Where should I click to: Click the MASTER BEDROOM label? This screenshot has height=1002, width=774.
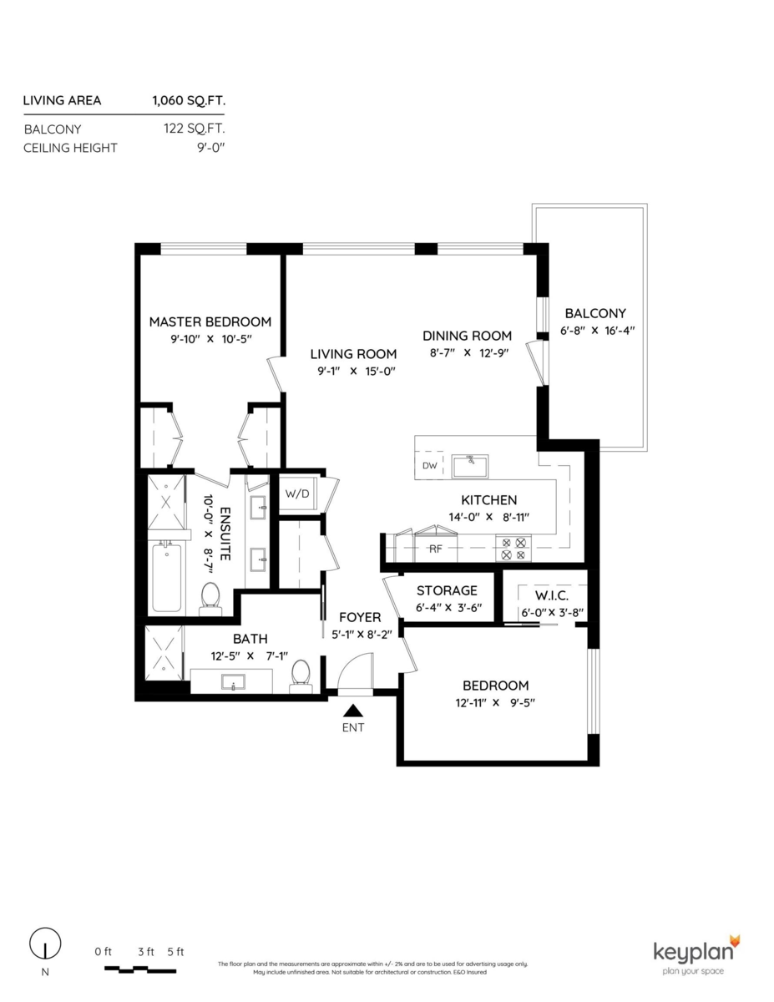point(210,321)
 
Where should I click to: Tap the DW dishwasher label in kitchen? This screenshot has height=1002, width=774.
point(430,466)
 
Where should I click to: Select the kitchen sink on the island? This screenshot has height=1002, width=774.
point(470,466)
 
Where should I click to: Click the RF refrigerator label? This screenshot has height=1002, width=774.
point(435,549)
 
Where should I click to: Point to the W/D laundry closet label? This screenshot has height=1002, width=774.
point(297,493)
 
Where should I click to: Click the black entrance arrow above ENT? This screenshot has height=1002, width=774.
point(353,711)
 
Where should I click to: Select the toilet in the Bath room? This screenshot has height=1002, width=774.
point(301,675)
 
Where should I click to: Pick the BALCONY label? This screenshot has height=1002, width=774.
point(594,313)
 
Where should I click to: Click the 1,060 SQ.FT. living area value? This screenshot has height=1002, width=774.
point(189,101)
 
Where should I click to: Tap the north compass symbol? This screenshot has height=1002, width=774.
point(45,946)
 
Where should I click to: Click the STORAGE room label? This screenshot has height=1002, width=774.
point(447,590)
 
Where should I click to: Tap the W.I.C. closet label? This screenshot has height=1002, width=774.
point(552,595)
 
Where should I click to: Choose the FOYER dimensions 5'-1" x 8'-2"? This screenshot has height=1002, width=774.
point(360,634)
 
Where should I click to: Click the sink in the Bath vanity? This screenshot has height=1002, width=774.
point(233,682)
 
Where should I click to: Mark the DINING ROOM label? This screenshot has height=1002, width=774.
point(467,336)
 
